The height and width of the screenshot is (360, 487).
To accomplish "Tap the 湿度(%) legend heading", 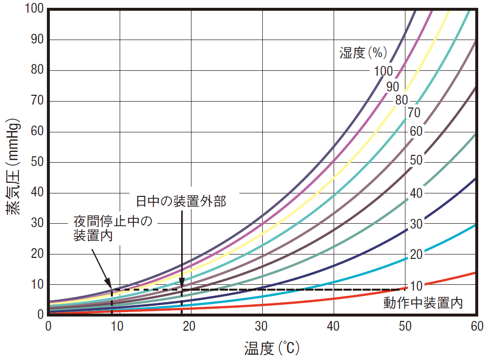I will [x=363, y=52].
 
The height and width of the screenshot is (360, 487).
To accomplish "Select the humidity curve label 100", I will [x=383, y=71].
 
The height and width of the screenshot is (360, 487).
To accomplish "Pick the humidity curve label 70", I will [x=414, y=113].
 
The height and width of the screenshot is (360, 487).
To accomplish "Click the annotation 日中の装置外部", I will [x=181, y=201].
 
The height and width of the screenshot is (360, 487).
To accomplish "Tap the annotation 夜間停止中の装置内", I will [x=112, y=229].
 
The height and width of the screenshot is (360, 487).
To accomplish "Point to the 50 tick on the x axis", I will [x=405, y=326].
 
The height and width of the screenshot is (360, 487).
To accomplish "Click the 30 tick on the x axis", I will [x=262, y=326].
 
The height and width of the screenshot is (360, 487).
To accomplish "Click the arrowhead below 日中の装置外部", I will [x=182, y=286].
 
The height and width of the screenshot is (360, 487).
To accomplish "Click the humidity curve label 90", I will [x=392, y=87].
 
